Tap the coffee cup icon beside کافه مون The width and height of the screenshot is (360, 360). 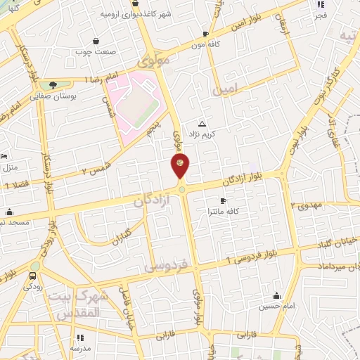205,33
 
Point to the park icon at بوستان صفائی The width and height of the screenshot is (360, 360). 53,85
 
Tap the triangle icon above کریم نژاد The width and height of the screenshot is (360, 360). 202,123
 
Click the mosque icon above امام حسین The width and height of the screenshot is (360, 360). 276,295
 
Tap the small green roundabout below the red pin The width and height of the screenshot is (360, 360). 181,188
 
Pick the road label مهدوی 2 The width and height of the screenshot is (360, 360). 307,205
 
